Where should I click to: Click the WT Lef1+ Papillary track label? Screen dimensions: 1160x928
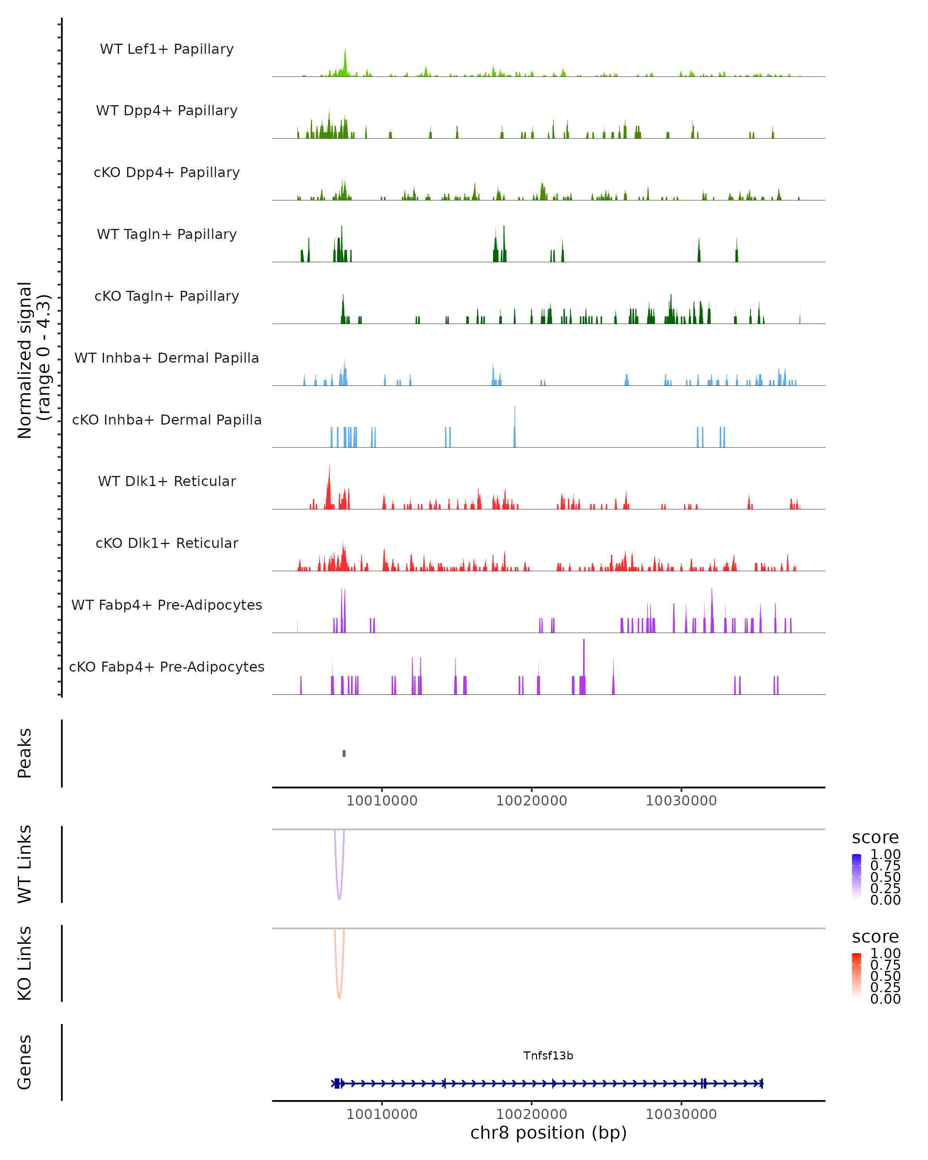[x=167, y=49]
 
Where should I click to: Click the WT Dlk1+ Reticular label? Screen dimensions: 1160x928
[x=167, y=481]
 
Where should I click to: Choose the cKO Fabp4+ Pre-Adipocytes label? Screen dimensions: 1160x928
[x=167, y=667]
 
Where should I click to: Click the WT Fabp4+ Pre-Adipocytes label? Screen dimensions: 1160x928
[x=167, y=605]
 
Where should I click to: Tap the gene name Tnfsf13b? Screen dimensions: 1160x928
[x=548, y=1056]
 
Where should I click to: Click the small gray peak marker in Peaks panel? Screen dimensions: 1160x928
[x=344, y=753]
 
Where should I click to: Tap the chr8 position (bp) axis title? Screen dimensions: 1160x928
[x=548, y=1133]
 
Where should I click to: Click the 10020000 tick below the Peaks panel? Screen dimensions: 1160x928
[x=532, y=801]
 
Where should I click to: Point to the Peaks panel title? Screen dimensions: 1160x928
[x=25, y=753]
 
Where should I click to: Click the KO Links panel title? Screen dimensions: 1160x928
[x=25, y=964]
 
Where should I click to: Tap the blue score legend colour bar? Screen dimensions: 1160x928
[x=856, y=877]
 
